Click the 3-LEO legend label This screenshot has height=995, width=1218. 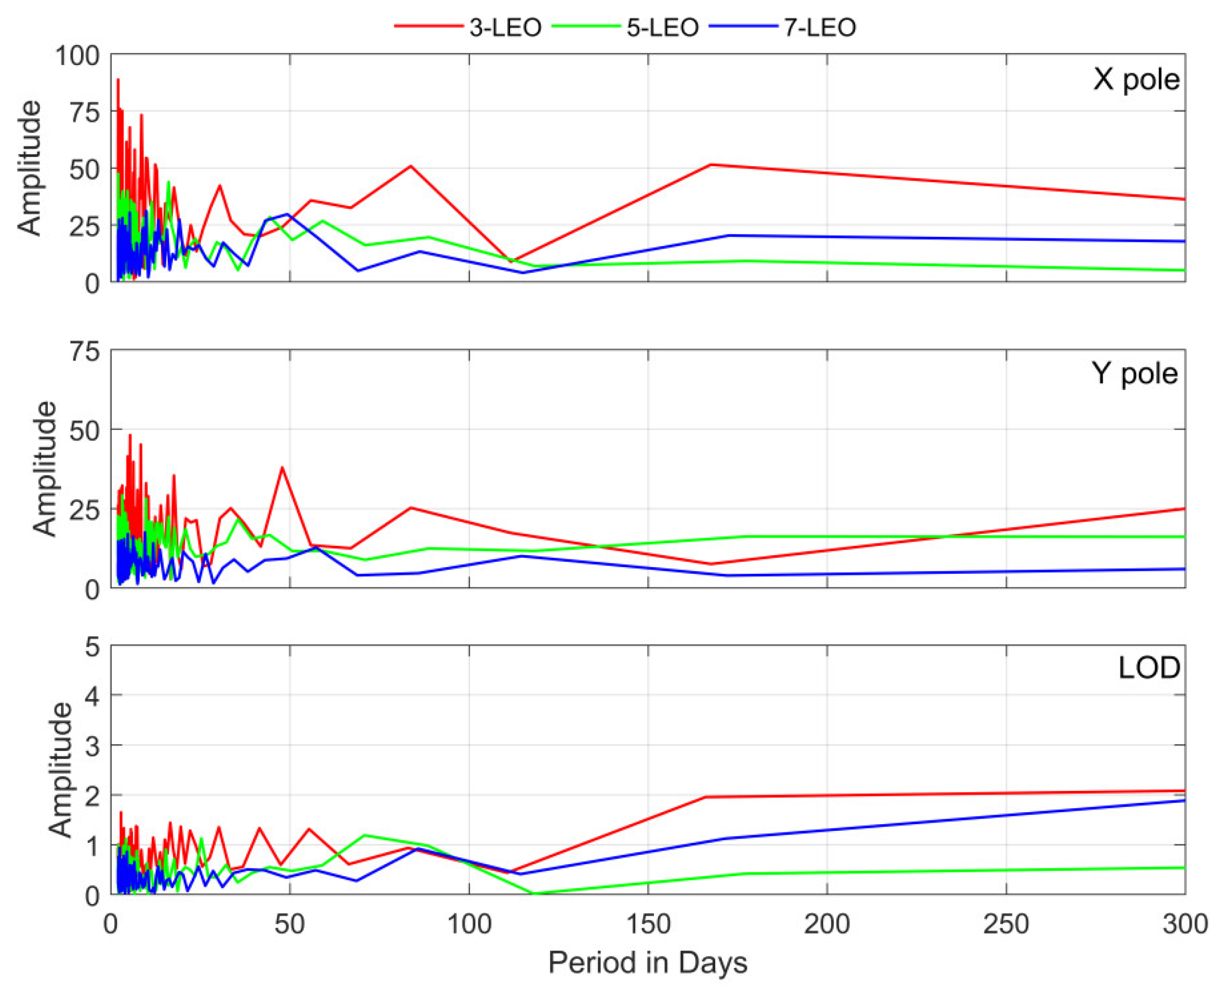[505, 28]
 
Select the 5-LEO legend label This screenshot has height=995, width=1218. [662, 28]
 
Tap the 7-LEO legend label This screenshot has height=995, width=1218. [820, 28]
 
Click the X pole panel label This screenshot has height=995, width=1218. [1136, 79]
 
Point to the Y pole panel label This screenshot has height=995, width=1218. [1135, 374]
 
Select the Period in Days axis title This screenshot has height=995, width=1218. [648, 962]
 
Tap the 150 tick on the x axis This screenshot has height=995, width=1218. [648, 924]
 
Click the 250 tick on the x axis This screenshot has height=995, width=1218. [1006, 924]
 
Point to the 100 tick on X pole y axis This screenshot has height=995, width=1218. [77, 56]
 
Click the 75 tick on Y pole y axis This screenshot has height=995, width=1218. [85, 352]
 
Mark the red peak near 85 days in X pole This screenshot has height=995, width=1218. [410, 166]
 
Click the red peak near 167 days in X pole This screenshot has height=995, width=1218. [710, 165]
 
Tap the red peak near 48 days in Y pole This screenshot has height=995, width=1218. [282, 467]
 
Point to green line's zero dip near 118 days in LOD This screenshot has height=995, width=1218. [533, 893]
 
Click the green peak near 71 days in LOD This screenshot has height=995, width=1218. [365, 835]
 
